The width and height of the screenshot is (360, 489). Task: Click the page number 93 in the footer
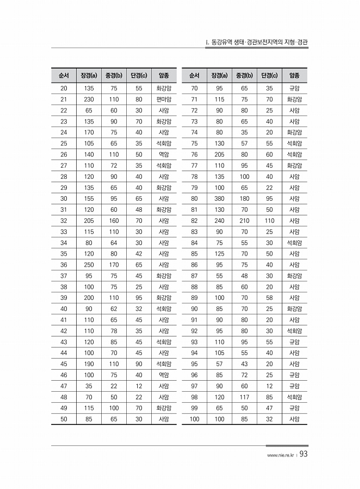(303, 456)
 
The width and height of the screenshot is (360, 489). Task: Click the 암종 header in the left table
(163, 76)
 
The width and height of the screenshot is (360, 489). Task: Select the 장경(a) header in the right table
(219, 76)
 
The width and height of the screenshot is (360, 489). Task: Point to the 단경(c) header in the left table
(138, 76)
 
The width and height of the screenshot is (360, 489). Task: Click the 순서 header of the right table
(194, 76)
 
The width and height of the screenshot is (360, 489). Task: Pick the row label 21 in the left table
(63, 99)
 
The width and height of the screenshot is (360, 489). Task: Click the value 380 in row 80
(219, 199)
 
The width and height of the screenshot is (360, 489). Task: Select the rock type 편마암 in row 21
(163, 99)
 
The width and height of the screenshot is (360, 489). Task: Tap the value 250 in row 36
(89, 265)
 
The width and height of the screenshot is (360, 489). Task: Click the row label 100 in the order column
(194, 419)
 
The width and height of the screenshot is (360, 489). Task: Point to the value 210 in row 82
(244, 221)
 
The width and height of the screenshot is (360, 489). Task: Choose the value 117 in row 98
(244, 397)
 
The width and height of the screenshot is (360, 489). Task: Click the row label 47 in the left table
(63, 386)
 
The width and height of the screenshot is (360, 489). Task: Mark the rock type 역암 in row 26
(163, 154)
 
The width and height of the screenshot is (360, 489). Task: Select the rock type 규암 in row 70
(294, 88)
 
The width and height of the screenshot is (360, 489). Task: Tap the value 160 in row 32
(114, 221)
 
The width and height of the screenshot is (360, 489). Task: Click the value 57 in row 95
(219, 364)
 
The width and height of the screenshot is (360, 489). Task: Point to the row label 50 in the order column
(63, 419)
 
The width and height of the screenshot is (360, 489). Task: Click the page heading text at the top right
(256, 42)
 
